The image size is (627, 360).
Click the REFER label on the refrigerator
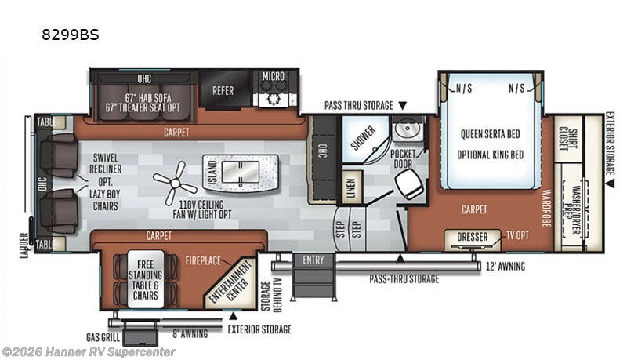(223, 91)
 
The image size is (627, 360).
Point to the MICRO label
(274, 76)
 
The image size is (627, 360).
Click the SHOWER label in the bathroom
(362, 133)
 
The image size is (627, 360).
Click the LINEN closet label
(352, 188)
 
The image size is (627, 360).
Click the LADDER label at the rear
(24, 245)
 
